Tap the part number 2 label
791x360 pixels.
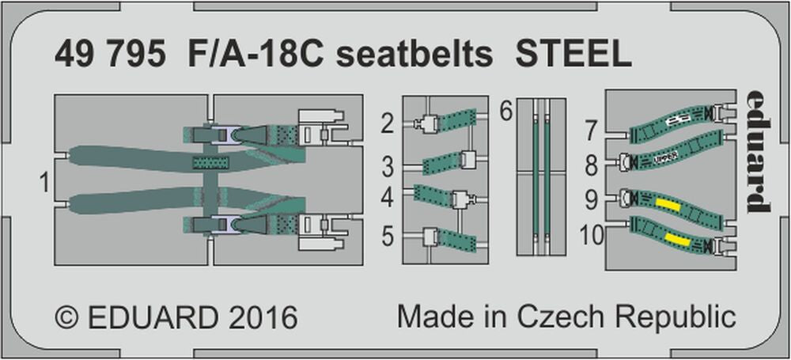[387, 123]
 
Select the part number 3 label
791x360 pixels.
[387, 168]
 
